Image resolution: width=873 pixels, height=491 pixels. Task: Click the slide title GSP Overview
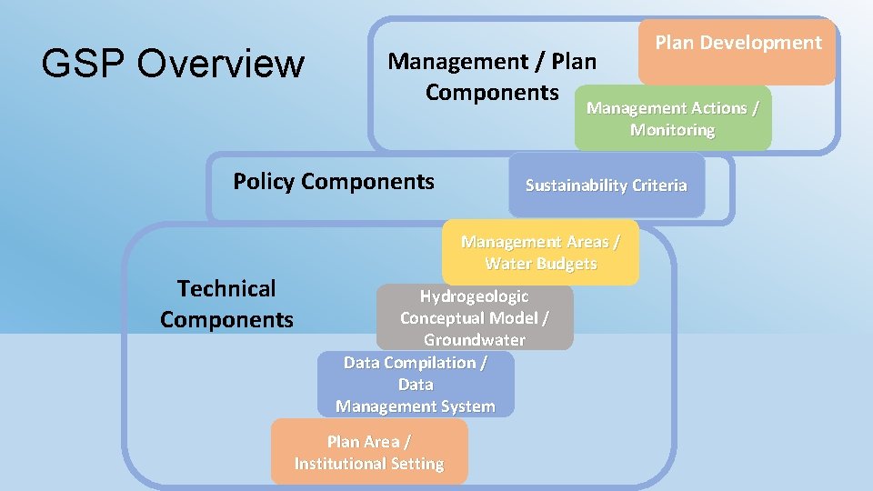click(x=173, y=64)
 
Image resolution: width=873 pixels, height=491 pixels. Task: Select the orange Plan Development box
click(x=738, y=52)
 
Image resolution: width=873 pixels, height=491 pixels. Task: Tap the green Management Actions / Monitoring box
click(x=673, y=119)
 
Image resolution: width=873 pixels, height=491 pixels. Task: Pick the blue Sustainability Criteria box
click(x=607, y=185)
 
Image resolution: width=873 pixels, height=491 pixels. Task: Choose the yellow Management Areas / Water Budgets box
click(x=541, y=253)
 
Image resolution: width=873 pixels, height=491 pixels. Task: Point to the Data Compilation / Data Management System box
click(x=416, y=385)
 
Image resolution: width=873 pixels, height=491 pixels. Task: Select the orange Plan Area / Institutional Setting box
click(x=369, y=452)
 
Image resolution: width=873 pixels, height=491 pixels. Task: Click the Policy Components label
click(x=334, y=181)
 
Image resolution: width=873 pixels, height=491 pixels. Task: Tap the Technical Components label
click(x=226, y=304)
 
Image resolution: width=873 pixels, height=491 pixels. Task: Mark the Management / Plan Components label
click(x=492, y=77)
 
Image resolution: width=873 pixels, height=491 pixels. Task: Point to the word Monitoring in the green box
click(x=673, y=130)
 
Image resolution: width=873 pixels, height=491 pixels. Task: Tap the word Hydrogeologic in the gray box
click(x=474, y=296)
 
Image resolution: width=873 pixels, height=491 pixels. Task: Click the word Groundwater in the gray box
click(x=475, y=340)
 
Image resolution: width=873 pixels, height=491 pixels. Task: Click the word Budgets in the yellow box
click(x=567, y=264)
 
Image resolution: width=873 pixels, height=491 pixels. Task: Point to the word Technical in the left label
click(x=226, y=289)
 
